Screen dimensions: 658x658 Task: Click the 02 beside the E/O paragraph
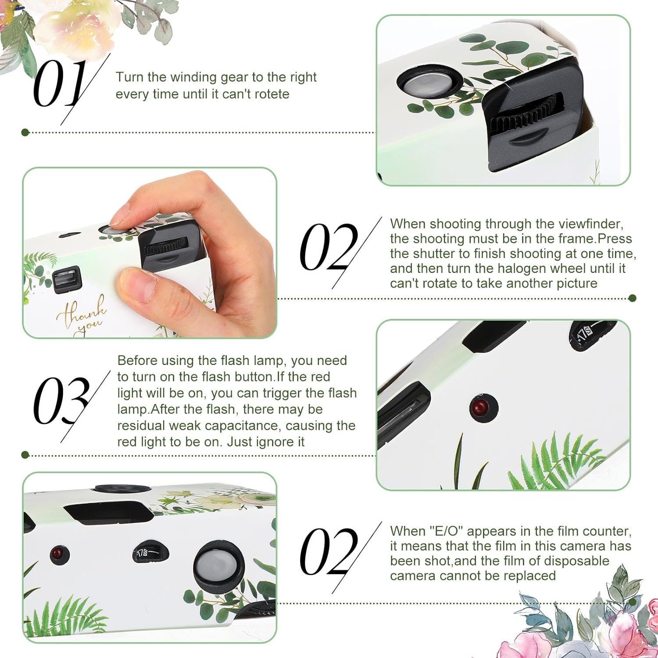coord(329,552)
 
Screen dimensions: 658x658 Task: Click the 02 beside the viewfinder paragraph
coord(329,247)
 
